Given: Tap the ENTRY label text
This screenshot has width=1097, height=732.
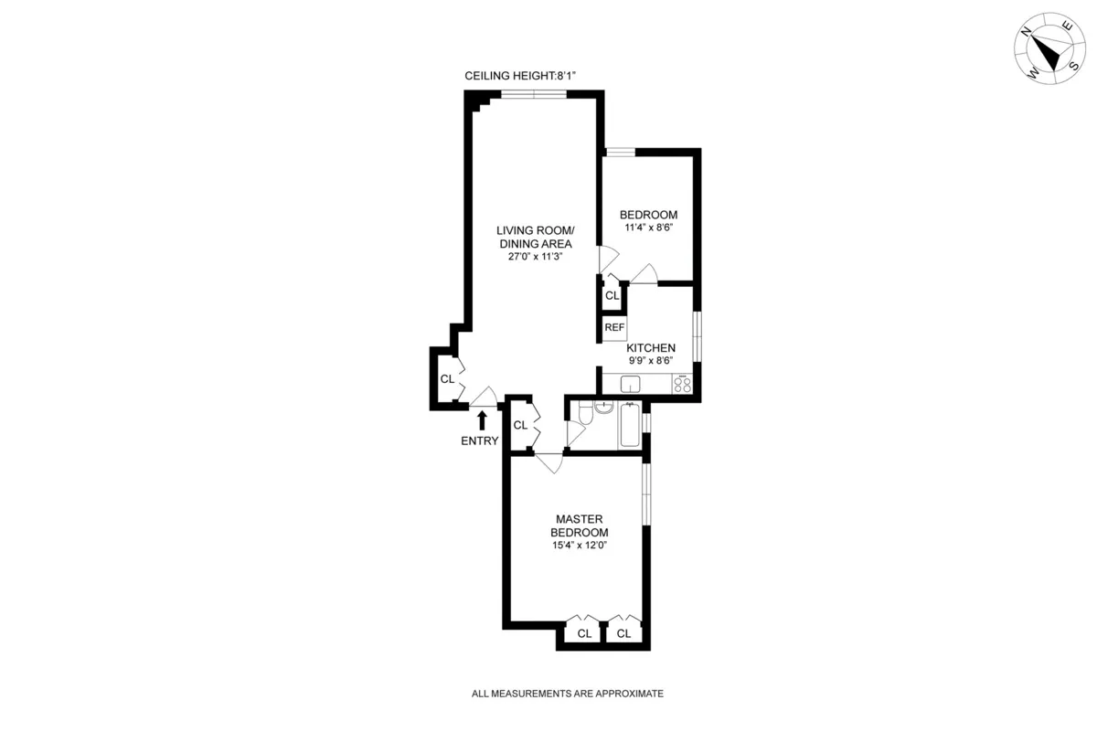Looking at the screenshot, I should pos(480,441).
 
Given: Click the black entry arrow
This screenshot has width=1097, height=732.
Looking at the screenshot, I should pos(482,419).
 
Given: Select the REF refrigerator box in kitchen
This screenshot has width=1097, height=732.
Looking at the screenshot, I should pos(613,327).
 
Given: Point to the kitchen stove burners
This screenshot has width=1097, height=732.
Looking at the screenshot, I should pos(682,385).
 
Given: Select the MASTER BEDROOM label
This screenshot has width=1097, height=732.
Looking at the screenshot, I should pos(579,525).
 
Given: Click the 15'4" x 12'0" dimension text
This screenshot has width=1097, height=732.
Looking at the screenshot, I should pos(579,546).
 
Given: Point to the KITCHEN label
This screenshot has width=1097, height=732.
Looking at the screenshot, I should pos(651,348).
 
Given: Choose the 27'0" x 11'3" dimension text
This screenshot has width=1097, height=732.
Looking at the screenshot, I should pos(535,257).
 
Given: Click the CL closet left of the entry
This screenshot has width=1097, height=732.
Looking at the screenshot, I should pos(447,378).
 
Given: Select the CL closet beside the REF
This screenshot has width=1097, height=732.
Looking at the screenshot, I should pos(612,296).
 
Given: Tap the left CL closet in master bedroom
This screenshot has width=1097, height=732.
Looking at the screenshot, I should pos(584,632).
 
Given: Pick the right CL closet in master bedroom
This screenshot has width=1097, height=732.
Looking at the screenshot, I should pos(623,632).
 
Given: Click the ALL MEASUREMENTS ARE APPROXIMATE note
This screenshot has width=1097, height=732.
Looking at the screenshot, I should pos(567,694).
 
